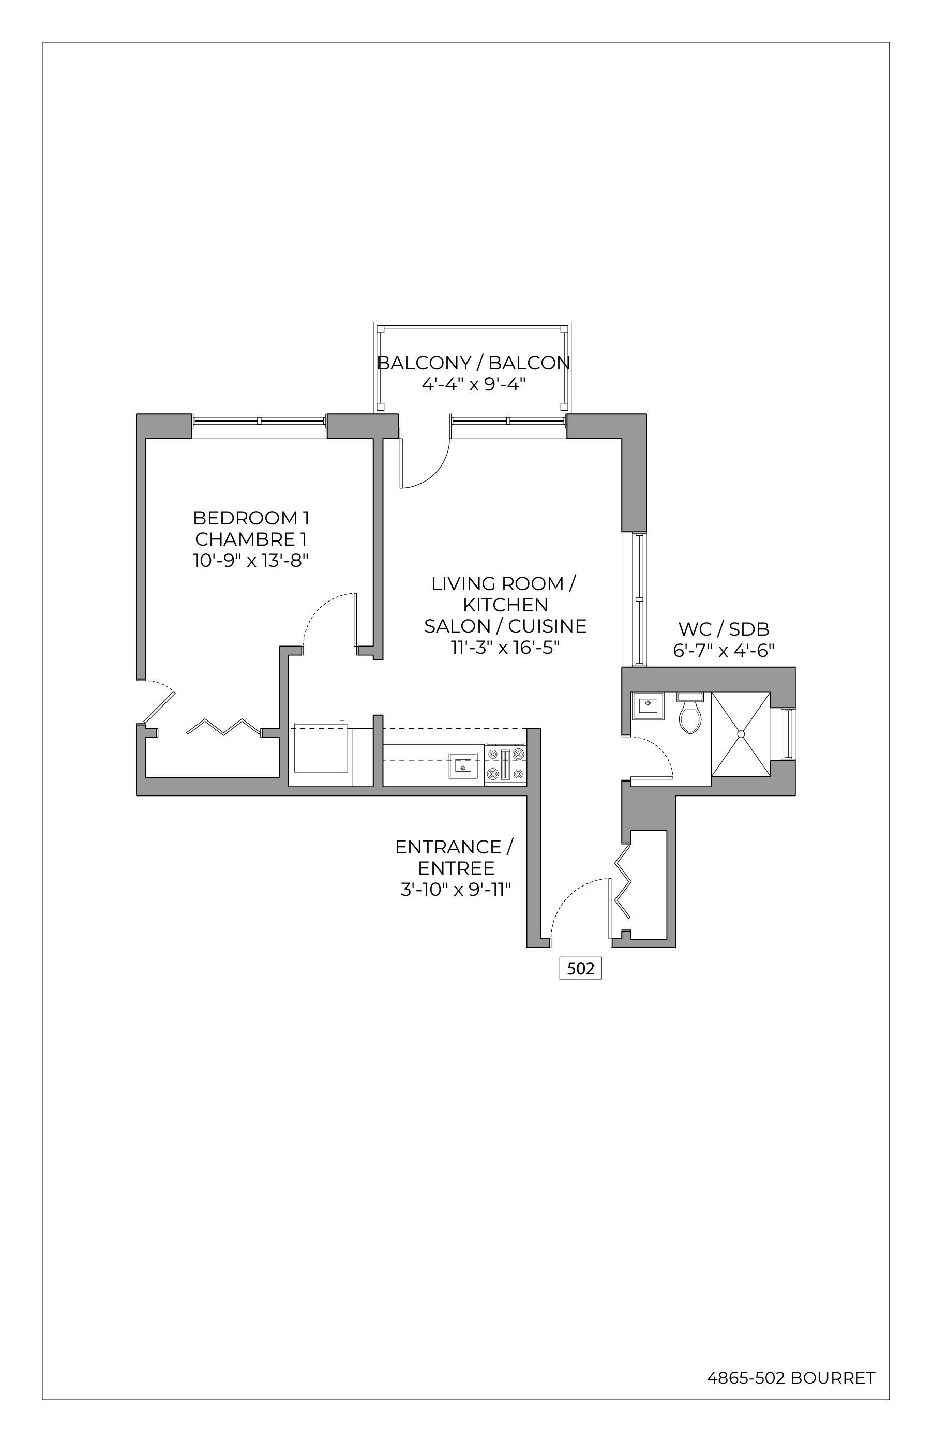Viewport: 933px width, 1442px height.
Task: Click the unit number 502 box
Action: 580,968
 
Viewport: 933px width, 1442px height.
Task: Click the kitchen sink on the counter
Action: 463,766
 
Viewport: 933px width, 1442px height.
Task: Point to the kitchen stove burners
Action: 505,764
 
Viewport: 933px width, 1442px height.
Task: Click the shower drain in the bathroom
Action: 740,734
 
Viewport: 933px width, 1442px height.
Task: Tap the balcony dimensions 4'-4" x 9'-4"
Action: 474,384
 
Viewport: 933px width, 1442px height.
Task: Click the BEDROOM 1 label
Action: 251,518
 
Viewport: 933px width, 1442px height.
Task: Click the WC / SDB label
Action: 724,628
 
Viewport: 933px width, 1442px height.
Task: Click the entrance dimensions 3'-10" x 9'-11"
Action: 456,890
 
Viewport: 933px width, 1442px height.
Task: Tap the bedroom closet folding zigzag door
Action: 223,727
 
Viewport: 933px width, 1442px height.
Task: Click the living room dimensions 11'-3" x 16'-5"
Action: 505,647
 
